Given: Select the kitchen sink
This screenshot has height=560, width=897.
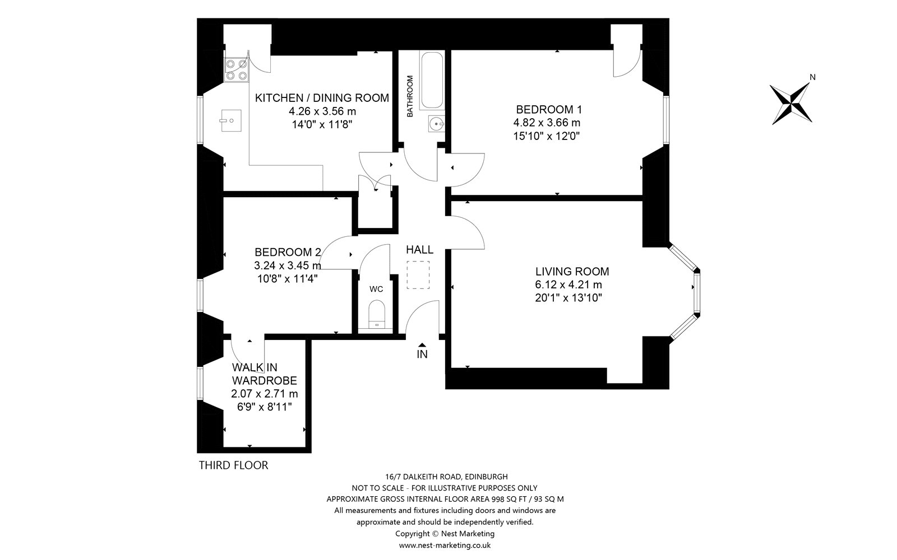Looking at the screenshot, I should coord(230,120).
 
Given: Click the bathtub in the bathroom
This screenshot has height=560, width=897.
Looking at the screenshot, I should coord(432,81).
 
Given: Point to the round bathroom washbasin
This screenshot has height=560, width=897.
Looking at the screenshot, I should coord(436,124).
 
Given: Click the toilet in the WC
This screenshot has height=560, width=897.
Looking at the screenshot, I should coord(376,314).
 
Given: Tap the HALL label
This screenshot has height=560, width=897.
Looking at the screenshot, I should coord(419,250).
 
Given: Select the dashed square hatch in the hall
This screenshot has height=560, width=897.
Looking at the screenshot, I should coord(418,275).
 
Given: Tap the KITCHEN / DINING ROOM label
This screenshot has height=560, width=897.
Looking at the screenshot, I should coord(322,98).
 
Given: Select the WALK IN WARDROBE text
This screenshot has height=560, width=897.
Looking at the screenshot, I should coord(264,374).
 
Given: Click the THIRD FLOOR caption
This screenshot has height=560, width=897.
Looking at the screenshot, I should coord(233,465).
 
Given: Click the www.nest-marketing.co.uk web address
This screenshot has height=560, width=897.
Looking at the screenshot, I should coord(445,545).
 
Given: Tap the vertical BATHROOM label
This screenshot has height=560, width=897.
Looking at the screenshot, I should coord(410,96).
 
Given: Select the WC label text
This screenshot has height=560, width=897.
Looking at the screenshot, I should coord(376,289).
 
